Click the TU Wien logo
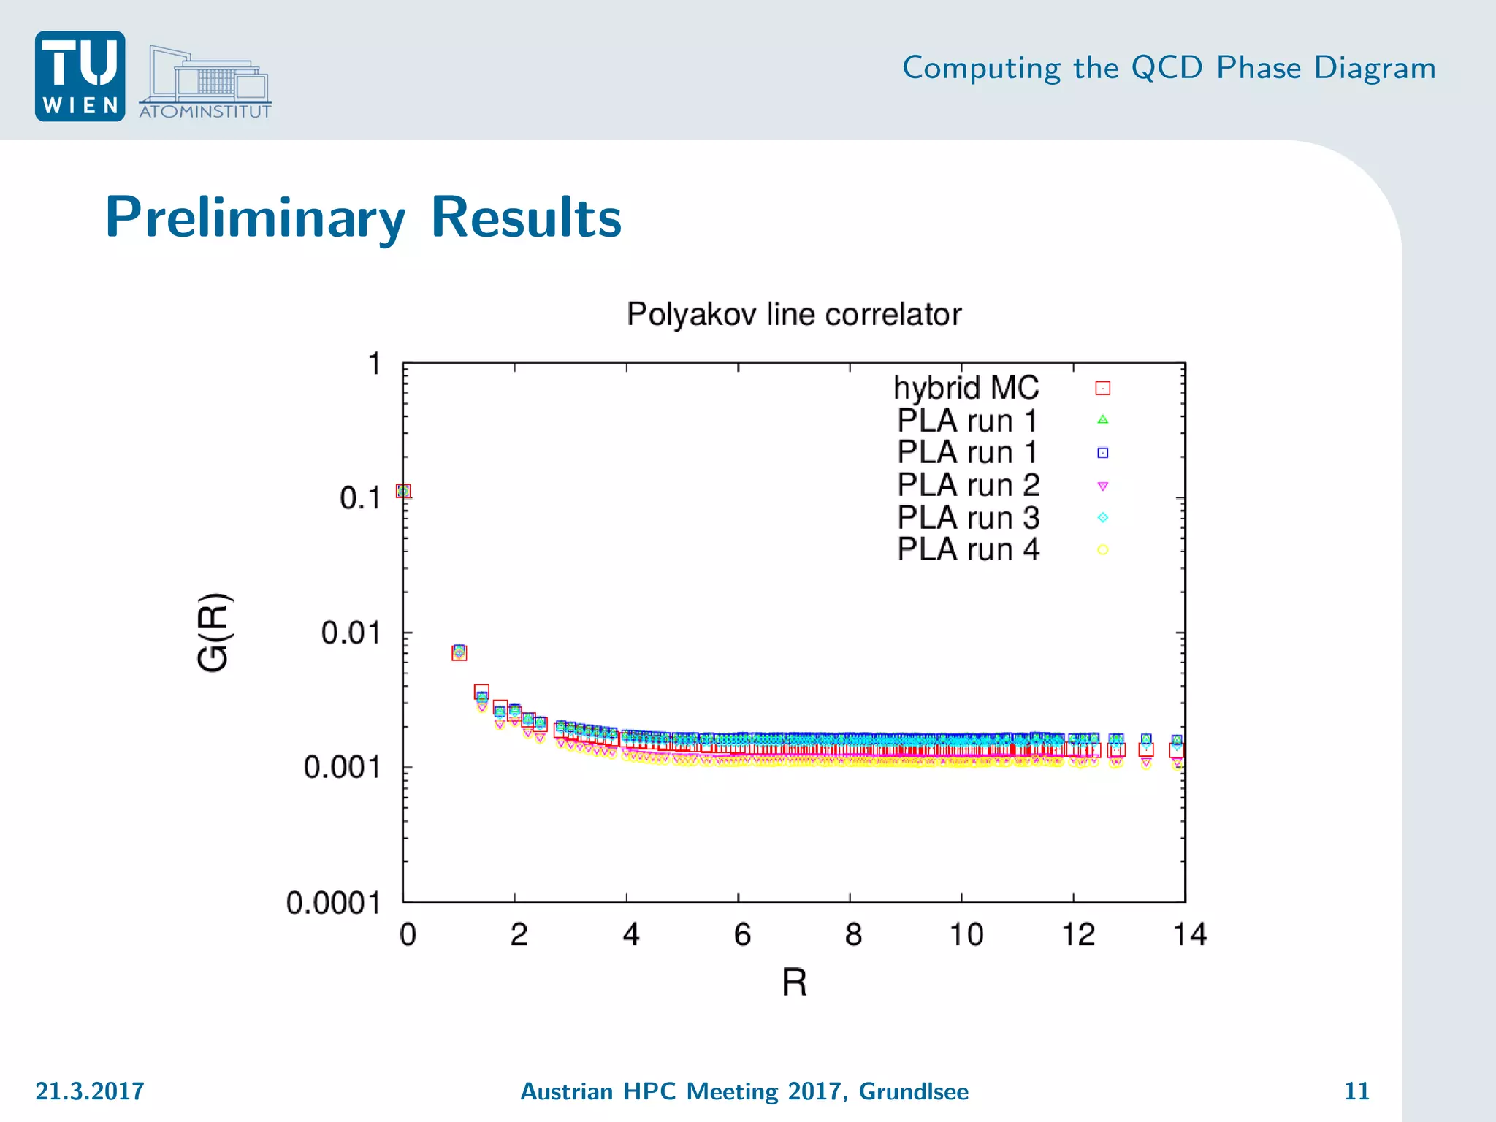(80, 76)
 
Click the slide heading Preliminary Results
(363, 217)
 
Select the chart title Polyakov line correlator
(794, 314)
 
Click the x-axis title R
(794, 982)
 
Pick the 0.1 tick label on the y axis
(360, 498)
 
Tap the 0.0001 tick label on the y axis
(333, 903)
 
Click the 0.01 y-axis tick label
(351, 633)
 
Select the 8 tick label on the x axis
(853, 934)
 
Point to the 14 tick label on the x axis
(1189, 934)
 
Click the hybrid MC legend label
(966, 388)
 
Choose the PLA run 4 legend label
(968, 549)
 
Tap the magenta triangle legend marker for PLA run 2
(1103, 486)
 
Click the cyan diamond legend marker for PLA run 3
(1103, 517)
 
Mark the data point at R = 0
(403, 491)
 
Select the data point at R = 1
(459, 652)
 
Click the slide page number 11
(1356, 1091)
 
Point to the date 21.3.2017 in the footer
(90, 1091)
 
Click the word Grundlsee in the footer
(913, 1091)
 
